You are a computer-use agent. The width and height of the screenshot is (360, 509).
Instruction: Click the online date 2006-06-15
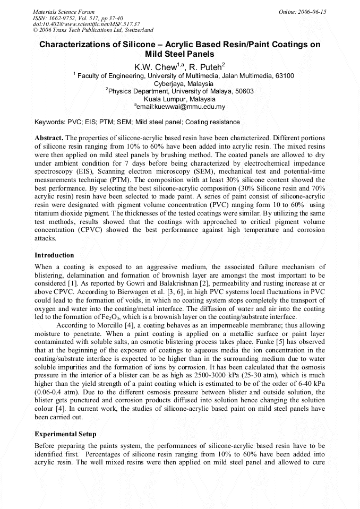[311, 12]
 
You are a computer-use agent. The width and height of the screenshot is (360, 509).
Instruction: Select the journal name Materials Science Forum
[64, 12]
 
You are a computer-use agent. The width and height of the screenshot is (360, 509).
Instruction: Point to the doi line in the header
[87, 24]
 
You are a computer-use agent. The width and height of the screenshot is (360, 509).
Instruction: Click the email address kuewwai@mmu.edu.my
[182, 107]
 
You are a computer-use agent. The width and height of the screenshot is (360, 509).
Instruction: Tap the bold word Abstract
[48, 138]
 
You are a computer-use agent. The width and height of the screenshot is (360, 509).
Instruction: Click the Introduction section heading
[54, 255]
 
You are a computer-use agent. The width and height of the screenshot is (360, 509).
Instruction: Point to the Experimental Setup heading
[65, 434]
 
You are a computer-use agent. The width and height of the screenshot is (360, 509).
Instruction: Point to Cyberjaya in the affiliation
[169, 83]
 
